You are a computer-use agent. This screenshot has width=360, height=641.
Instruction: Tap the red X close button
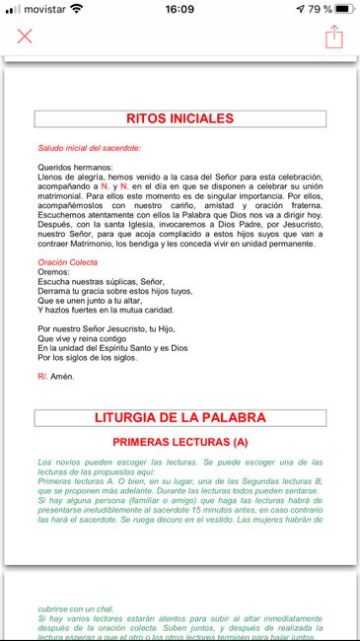[25, 36]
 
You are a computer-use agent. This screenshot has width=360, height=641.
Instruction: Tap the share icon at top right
[334, 36]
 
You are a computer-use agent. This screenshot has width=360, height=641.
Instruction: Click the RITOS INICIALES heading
[180, 119]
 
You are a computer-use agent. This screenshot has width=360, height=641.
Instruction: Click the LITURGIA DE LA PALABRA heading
[180, 418]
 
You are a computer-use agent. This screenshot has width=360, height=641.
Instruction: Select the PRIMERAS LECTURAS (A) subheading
[180, 443]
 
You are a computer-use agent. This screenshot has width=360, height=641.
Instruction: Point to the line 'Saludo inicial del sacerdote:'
[89, 147]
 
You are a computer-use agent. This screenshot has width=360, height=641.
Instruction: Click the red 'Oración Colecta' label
[68, 290]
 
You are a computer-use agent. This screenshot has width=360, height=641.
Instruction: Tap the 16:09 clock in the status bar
[180, 9]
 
